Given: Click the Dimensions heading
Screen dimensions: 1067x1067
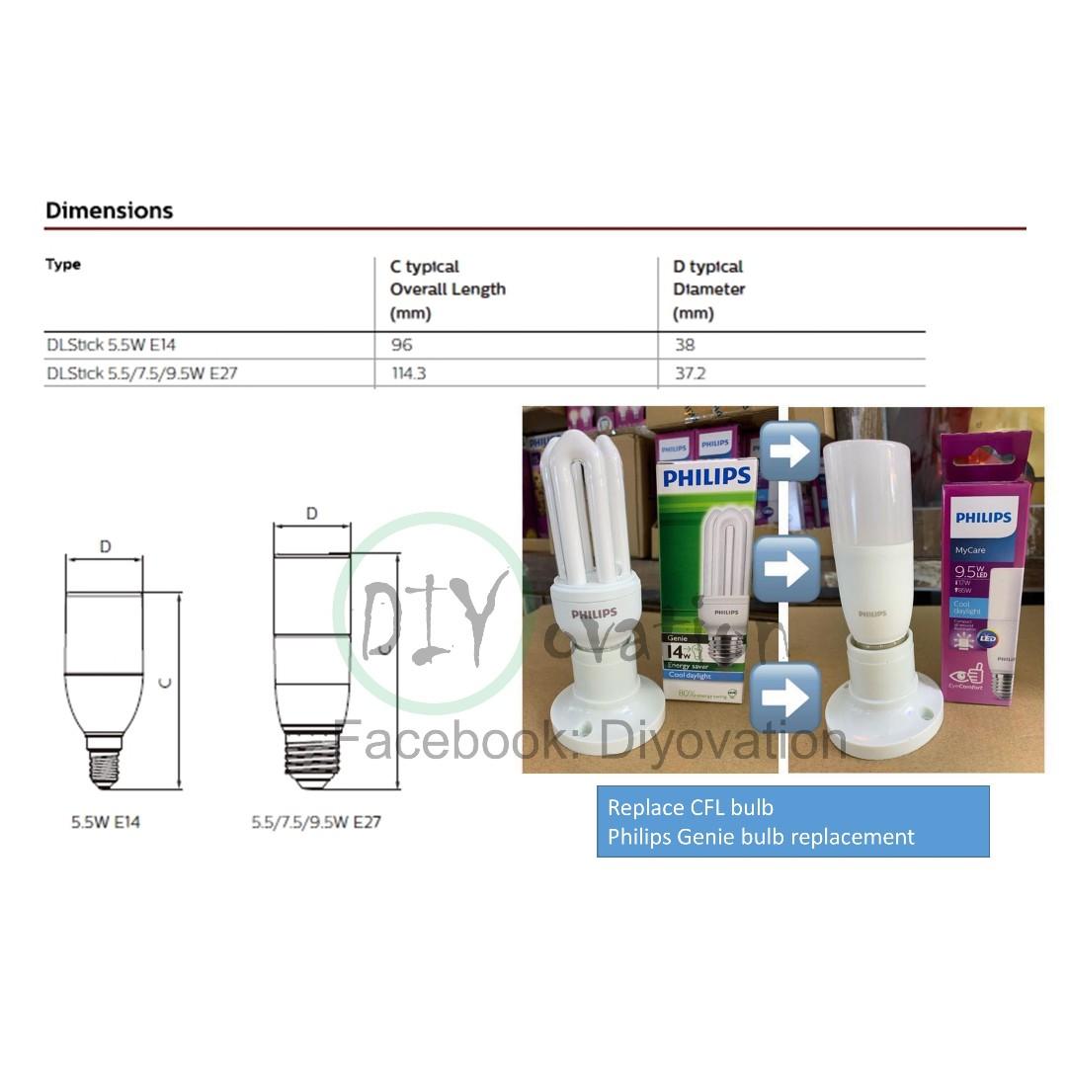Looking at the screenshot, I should (109, 210).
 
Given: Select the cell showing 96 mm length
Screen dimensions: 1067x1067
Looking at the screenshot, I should (401, 345).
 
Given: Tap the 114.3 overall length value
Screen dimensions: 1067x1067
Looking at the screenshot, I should (408, 373).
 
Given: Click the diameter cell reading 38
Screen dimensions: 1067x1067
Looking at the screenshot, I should (684, 345).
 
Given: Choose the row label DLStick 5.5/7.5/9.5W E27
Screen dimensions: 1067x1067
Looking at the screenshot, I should (141, 373).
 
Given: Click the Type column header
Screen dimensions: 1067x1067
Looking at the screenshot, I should (63, 265).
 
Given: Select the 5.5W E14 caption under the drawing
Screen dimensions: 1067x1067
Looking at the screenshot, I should (105, 821).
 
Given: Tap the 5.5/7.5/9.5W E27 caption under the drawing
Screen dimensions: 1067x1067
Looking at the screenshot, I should (315, 821).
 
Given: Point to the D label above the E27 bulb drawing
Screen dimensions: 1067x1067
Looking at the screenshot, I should (312, 514).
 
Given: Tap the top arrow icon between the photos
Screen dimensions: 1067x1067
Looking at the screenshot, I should (789, 451).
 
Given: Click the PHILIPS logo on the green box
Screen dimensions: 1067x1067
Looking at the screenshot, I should (706, 478).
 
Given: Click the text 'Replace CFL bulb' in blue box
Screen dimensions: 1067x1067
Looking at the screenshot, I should (691, 808).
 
